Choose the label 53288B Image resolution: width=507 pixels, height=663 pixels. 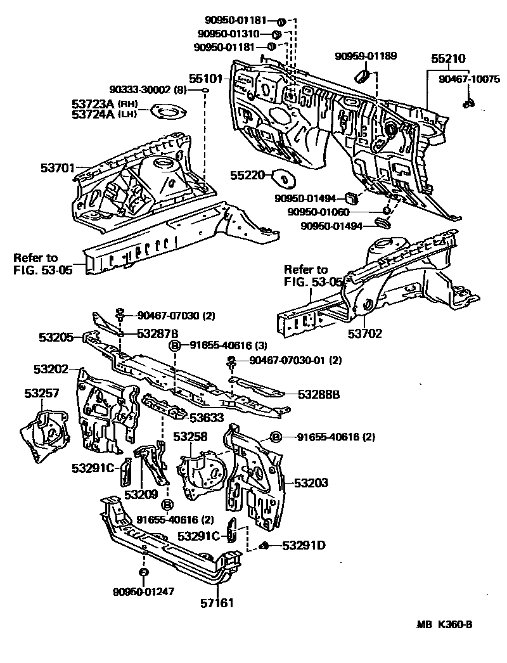tap(319, 394)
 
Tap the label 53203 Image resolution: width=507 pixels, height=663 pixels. tap(311, 483)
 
